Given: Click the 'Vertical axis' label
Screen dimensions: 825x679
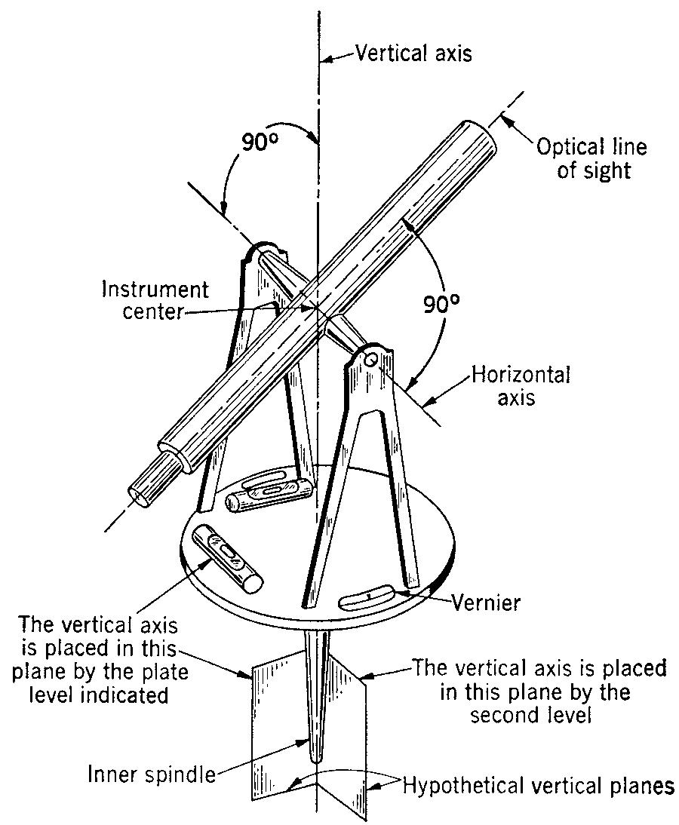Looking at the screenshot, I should [x=414, y=54].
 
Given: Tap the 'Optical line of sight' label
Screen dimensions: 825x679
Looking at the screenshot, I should [x=581, y=158].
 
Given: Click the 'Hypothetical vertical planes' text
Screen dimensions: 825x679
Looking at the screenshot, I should [x=538, y=786].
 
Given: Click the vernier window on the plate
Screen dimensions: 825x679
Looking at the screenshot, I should [x=366, y=597].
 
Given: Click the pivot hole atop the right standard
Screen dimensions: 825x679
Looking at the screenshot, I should [x=370, y=359].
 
